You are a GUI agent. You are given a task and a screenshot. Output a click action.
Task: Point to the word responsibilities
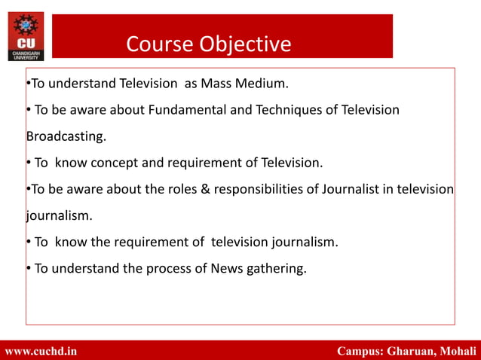pyautogui.click(x=260, y=189)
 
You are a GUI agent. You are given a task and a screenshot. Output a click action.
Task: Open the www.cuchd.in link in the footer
pyautogui.click(x=41, y=351)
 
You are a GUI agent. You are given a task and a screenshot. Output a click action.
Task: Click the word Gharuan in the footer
pyautogui.click(x=413, y=351)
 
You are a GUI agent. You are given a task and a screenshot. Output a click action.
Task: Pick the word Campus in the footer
pyautogui.click(x=360, y=351)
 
